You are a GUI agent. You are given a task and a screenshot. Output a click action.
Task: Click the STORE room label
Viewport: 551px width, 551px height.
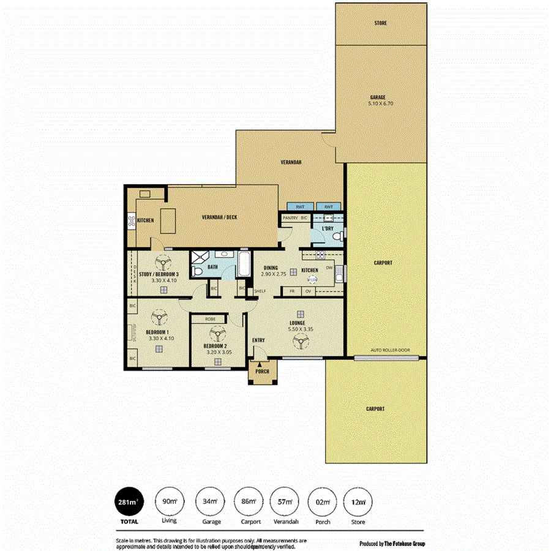click(380, 23)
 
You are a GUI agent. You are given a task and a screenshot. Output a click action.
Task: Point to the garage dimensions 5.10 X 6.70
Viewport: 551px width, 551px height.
click(380, 105)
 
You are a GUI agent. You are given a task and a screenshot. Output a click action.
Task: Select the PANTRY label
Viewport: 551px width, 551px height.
click(290, 217)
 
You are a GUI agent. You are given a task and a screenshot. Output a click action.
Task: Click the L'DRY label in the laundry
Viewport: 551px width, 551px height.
click(328, 229)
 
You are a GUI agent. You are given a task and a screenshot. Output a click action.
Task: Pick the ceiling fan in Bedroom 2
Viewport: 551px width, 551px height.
click(216, 334)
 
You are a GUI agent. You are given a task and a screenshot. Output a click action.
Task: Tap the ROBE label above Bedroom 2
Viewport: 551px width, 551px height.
click(210, 319)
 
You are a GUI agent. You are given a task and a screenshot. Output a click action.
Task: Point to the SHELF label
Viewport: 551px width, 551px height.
click(260, 291)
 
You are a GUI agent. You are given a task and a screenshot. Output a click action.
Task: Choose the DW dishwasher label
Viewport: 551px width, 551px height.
click(329, 268)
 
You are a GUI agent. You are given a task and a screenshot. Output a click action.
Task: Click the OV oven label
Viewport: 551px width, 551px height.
click(309, 291)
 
